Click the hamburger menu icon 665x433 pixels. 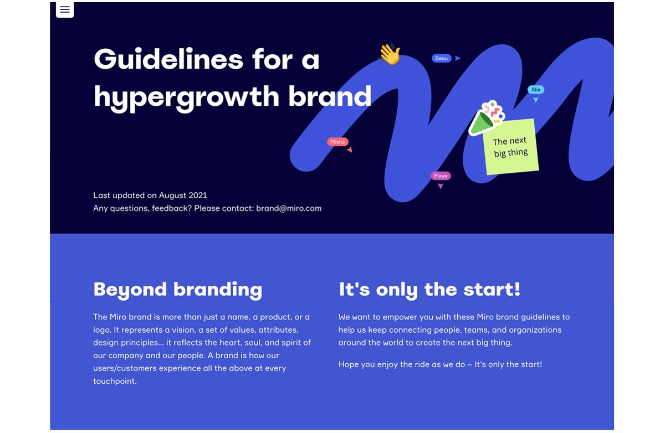pyautogui.click(x=65, y=9)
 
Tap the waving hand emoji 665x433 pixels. pyautogui.click(x=390, y=54)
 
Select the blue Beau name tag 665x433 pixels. pyautogui.click(x=442, y=58)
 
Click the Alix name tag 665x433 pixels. pyautogui.click(x=536, y=90)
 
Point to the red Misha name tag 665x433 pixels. pyautogui.click(x=337, y=142)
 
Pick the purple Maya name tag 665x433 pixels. pyautogui.click(x=441, y=176)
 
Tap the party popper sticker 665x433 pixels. pyautogui.click(x=487, y=117)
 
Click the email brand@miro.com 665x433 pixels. pyautogui.click(x=289, y=208)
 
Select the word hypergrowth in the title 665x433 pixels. pyautogui.click(x=186, y=96)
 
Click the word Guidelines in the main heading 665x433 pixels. pyautogui.click(x=168, y=59)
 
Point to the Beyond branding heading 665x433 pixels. pyautogui.click(x=178, y=290)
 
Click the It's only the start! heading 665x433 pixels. pyautogui.click(x=429, y=290)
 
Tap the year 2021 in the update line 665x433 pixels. pyautogui.click(x=198, y=195)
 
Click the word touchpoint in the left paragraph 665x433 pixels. pyautogui.click(x=115, y=381)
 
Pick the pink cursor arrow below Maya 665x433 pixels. pyautogui.click(x=441, y=186)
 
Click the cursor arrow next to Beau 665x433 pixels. pyautogui.click(x=458, y=58)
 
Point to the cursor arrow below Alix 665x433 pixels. pyautogui.click(x=535, y=100)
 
